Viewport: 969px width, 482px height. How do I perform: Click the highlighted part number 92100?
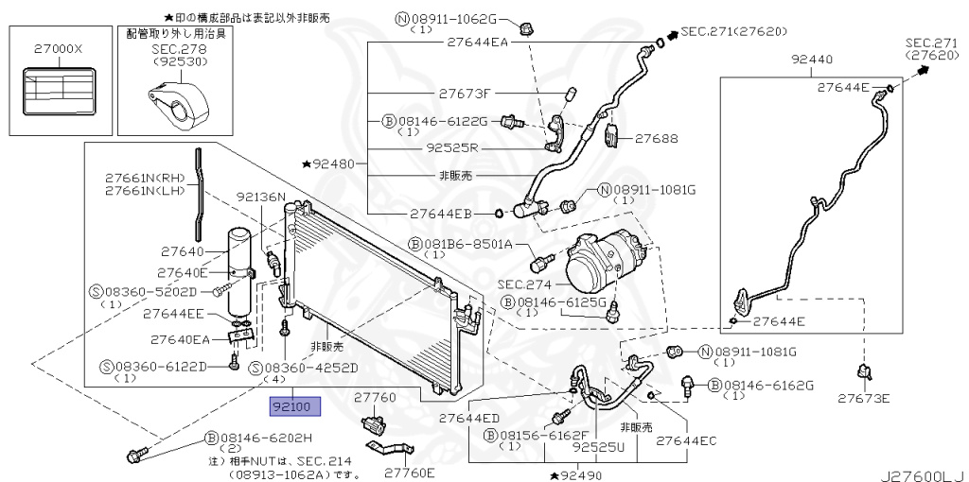tap(295, 407)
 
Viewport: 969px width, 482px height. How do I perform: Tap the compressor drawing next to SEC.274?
tap(603, 267)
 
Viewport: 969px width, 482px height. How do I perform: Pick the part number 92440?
tap(812, 60)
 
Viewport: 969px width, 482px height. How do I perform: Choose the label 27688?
tap(657, 138)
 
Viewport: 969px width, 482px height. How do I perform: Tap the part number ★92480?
tap(328, 164)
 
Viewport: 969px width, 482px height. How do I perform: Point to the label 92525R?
tap(452, 147)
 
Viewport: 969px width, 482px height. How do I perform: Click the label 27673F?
tap(465, 94)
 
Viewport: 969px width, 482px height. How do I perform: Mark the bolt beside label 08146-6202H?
tap(135, 456)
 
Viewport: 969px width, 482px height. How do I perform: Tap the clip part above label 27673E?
tap(863, 372)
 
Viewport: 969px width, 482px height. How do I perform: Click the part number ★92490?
tap(575, 473)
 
